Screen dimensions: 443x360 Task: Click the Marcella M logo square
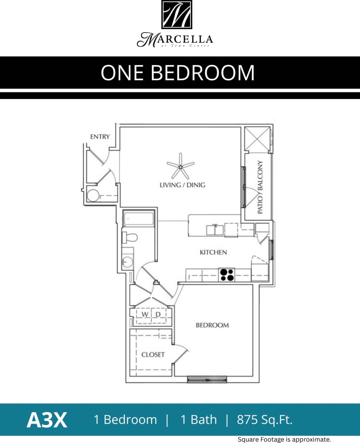pos(177,15)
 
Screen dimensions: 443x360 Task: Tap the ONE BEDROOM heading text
pos(178,73)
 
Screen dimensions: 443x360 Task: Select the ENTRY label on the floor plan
pos(100,137)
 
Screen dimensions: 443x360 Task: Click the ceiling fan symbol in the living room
pos(180,166)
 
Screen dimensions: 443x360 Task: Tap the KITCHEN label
pos(213,252)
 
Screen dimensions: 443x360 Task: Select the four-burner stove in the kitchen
pos(226,275)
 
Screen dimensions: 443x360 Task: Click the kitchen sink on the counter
pos(215,230)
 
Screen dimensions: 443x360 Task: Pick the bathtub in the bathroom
pos(138,220)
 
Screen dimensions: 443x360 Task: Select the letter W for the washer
pos(144,314)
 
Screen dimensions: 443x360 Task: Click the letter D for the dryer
pos(158,314)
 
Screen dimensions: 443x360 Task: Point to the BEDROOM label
pos(212,325)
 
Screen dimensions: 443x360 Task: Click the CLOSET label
pos(153,354)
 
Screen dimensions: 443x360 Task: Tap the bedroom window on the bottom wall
pos(207,380)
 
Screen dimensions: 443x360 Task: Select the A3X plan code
pos(47,420)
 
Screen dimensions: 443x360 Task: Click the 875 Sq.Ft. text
pos(265,420)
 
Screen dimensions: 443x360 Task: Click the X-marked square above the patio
pos(257,139)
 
